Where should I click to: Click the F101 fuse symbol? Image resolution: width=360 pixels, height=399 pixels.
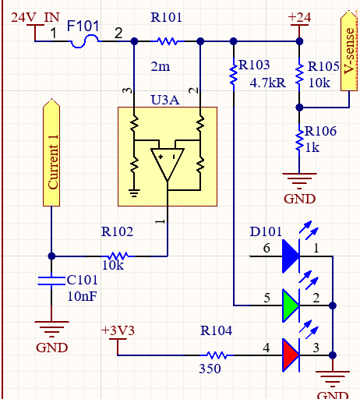click(x=84, y=41)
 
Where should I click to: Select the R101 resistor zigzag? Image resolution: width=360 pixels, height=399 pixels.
click(x=168, y=41)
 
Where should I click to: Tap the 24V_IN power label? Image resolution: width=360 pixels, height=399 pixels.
click(x=35, y=17)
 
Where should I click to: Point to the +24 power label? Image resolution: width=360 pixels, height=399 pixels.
click(x=299, y=17)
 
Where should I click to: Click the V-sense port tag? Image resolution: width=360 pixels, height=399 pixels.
click(x=349, y=51)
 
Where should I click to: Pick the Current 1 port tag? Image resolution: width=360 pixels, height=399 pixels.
click(x=51, y=153)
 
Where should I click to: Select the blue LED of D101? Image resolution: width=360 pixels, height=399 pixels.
click(x=291, y=256)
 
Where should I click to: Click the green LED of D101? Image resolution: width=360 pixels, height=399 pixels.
click(x=291, y=305)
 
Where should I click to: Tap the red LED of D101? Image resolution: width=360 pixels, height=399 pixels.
click(x=291, y=355)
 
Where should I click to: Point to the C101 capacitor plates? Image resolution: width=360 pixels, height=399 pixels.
click(x=51, y=281)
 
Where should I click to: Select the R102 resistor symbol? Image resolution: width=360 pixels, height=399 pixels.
click(x=118, y=256)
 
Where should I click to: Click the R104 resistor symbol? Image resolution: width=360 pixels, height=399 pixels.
click(x=217, y=355)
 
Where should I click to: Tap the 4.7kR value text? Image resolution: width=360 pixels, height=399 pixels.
click(x=268, y=83)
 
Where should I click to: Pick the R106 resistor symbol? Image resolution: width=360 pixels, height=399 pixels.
click(x=299, y=140)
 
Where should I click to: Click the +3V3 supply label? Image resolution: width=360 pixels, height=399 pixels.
click(x=118, y=330)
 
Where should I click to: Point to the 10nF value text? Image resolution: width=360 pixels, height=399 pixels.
click(x=82, y=296)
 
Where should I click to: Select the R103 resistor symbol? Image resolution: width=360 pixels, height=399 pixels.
click(x=234, y=75)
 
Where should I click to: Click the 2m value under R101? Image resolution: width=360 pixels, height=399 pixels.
click(x=161, y=67)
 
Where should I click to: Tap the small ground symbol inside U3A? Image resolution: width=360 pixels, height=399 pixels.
click(x=134, y=193)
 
